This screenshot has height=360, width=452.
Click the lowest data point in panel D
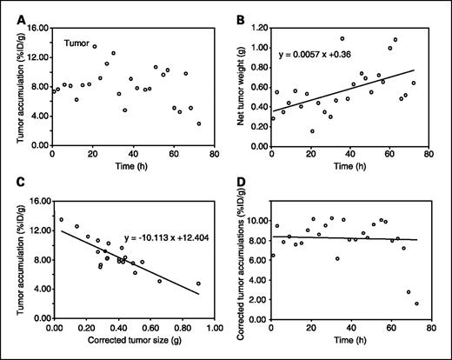(x=415, y=303)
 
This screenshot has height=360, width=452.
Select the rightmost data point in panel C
(x=198, y=283)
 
